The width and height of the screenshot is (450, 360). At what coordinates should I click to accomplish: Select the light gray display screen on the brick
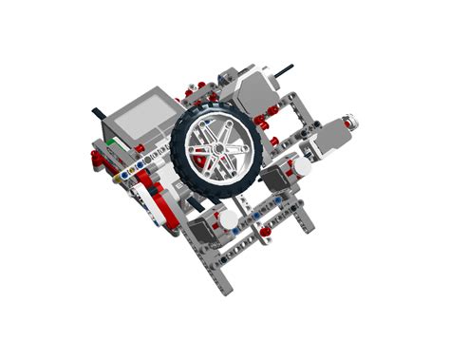141,117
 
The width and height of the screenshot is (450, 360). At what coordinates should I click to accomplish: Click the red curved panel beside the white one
168,215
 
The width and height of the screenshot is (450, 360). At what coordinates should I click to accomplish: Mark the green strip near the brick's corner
111,142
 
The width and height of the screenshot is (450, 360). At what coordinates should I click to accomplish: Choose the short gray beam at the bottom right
304,221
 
